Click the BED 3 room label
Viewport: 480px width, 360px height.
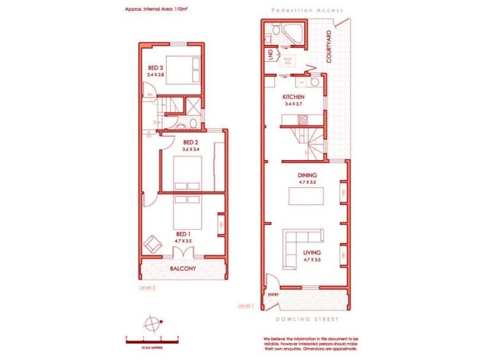click(154, 68)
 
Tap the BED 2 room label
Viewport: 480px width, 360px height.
click(191, 142)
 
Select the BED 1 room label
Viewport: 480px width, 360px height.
click(183, 234)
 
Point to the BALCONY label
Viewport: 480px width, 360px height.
click(183, 269)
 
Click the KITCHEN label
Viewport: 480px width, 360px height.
click(294, 97)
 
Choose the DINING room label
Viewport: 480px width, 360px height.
click(307, 175)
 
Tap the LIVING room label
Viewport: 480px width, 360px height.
click(312, 253)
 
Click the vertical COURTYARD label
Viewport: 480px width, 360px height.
click(329, 47)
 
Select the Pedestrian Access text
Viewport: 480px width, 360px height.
click(307, 11)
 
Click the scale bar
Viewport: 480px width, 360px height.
click(153, 340)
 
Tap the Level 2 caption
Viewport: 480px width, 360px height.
click(147, 288)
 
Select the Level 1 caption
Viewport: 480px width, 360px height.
click(246, 305)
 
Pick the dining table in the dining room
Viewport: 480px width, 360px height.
click(306, 196)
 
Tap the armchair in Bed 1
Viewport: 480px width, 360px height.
click(152, 244)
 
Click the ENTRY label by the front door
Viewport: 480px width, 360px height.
click(274, 295)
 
